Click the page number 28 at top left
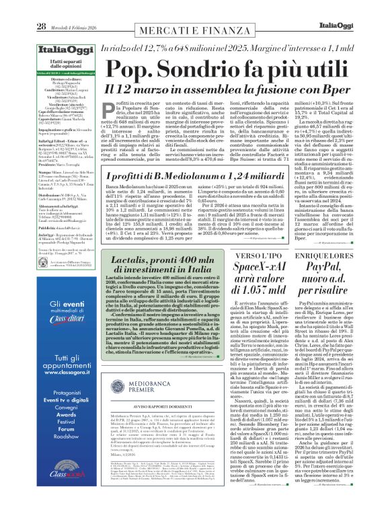[23, 8]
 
